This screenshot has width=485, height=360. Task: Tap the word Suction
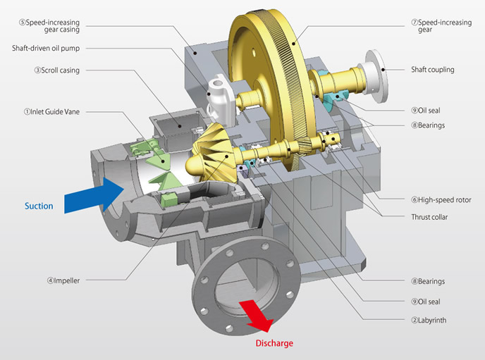(x=38, y=206)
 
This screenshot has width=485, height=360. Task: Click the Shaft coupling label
(x=432, y=70)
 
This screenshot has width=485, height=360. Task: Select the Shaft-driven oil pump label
(x=54, y=49)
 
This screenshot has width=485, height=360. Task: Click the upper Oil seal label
(x=429, y=110)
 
